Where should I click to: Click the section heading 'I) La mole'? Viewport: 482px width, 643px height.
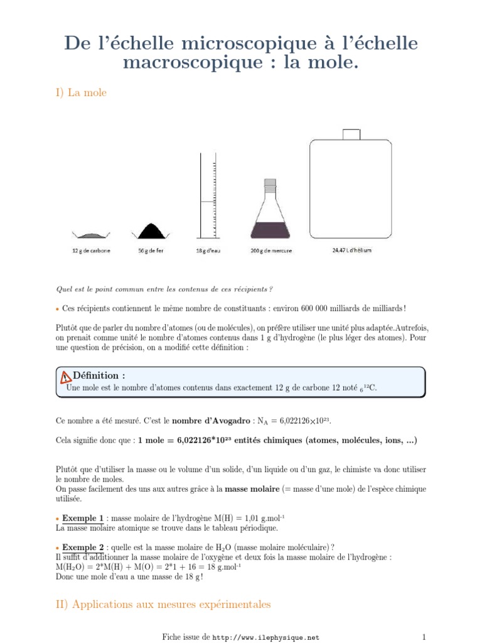[82, 93]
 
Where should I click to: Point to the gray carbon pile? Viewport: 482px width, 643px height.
[90, 234]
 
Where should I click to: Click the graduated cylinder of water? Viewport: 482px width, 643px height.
[207, 201]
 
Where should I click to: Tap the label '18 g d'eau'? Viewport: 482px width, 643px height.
[208, 251]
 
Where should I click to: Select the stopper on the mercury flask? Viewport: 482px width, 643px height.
[269, 186]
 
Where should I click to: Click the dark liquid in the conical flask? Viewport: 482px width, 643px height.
[269, 230]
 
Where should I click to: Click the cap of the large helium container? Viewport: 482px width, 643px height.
[351, 134]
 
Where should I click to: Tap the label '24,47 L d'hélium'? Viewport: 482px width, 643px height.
[351, 250]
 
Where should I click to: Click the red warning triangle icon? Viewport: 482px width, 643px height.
[66, 377]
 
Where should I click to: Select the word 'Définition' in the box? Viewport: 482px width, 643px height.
[99, 376]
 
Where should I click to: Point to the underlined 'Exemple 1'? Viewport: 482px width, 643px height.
[82, 518]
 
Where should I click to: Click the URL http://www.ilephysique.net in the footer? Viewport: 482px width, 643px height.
[266, 637]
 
